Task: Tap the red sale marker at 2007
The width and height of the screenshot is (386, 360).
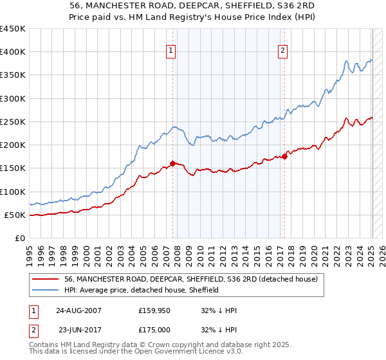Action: click(x=172, y=163)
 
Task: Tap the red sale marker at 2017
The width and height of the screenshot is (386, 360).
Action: click(x=284, y=156)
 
